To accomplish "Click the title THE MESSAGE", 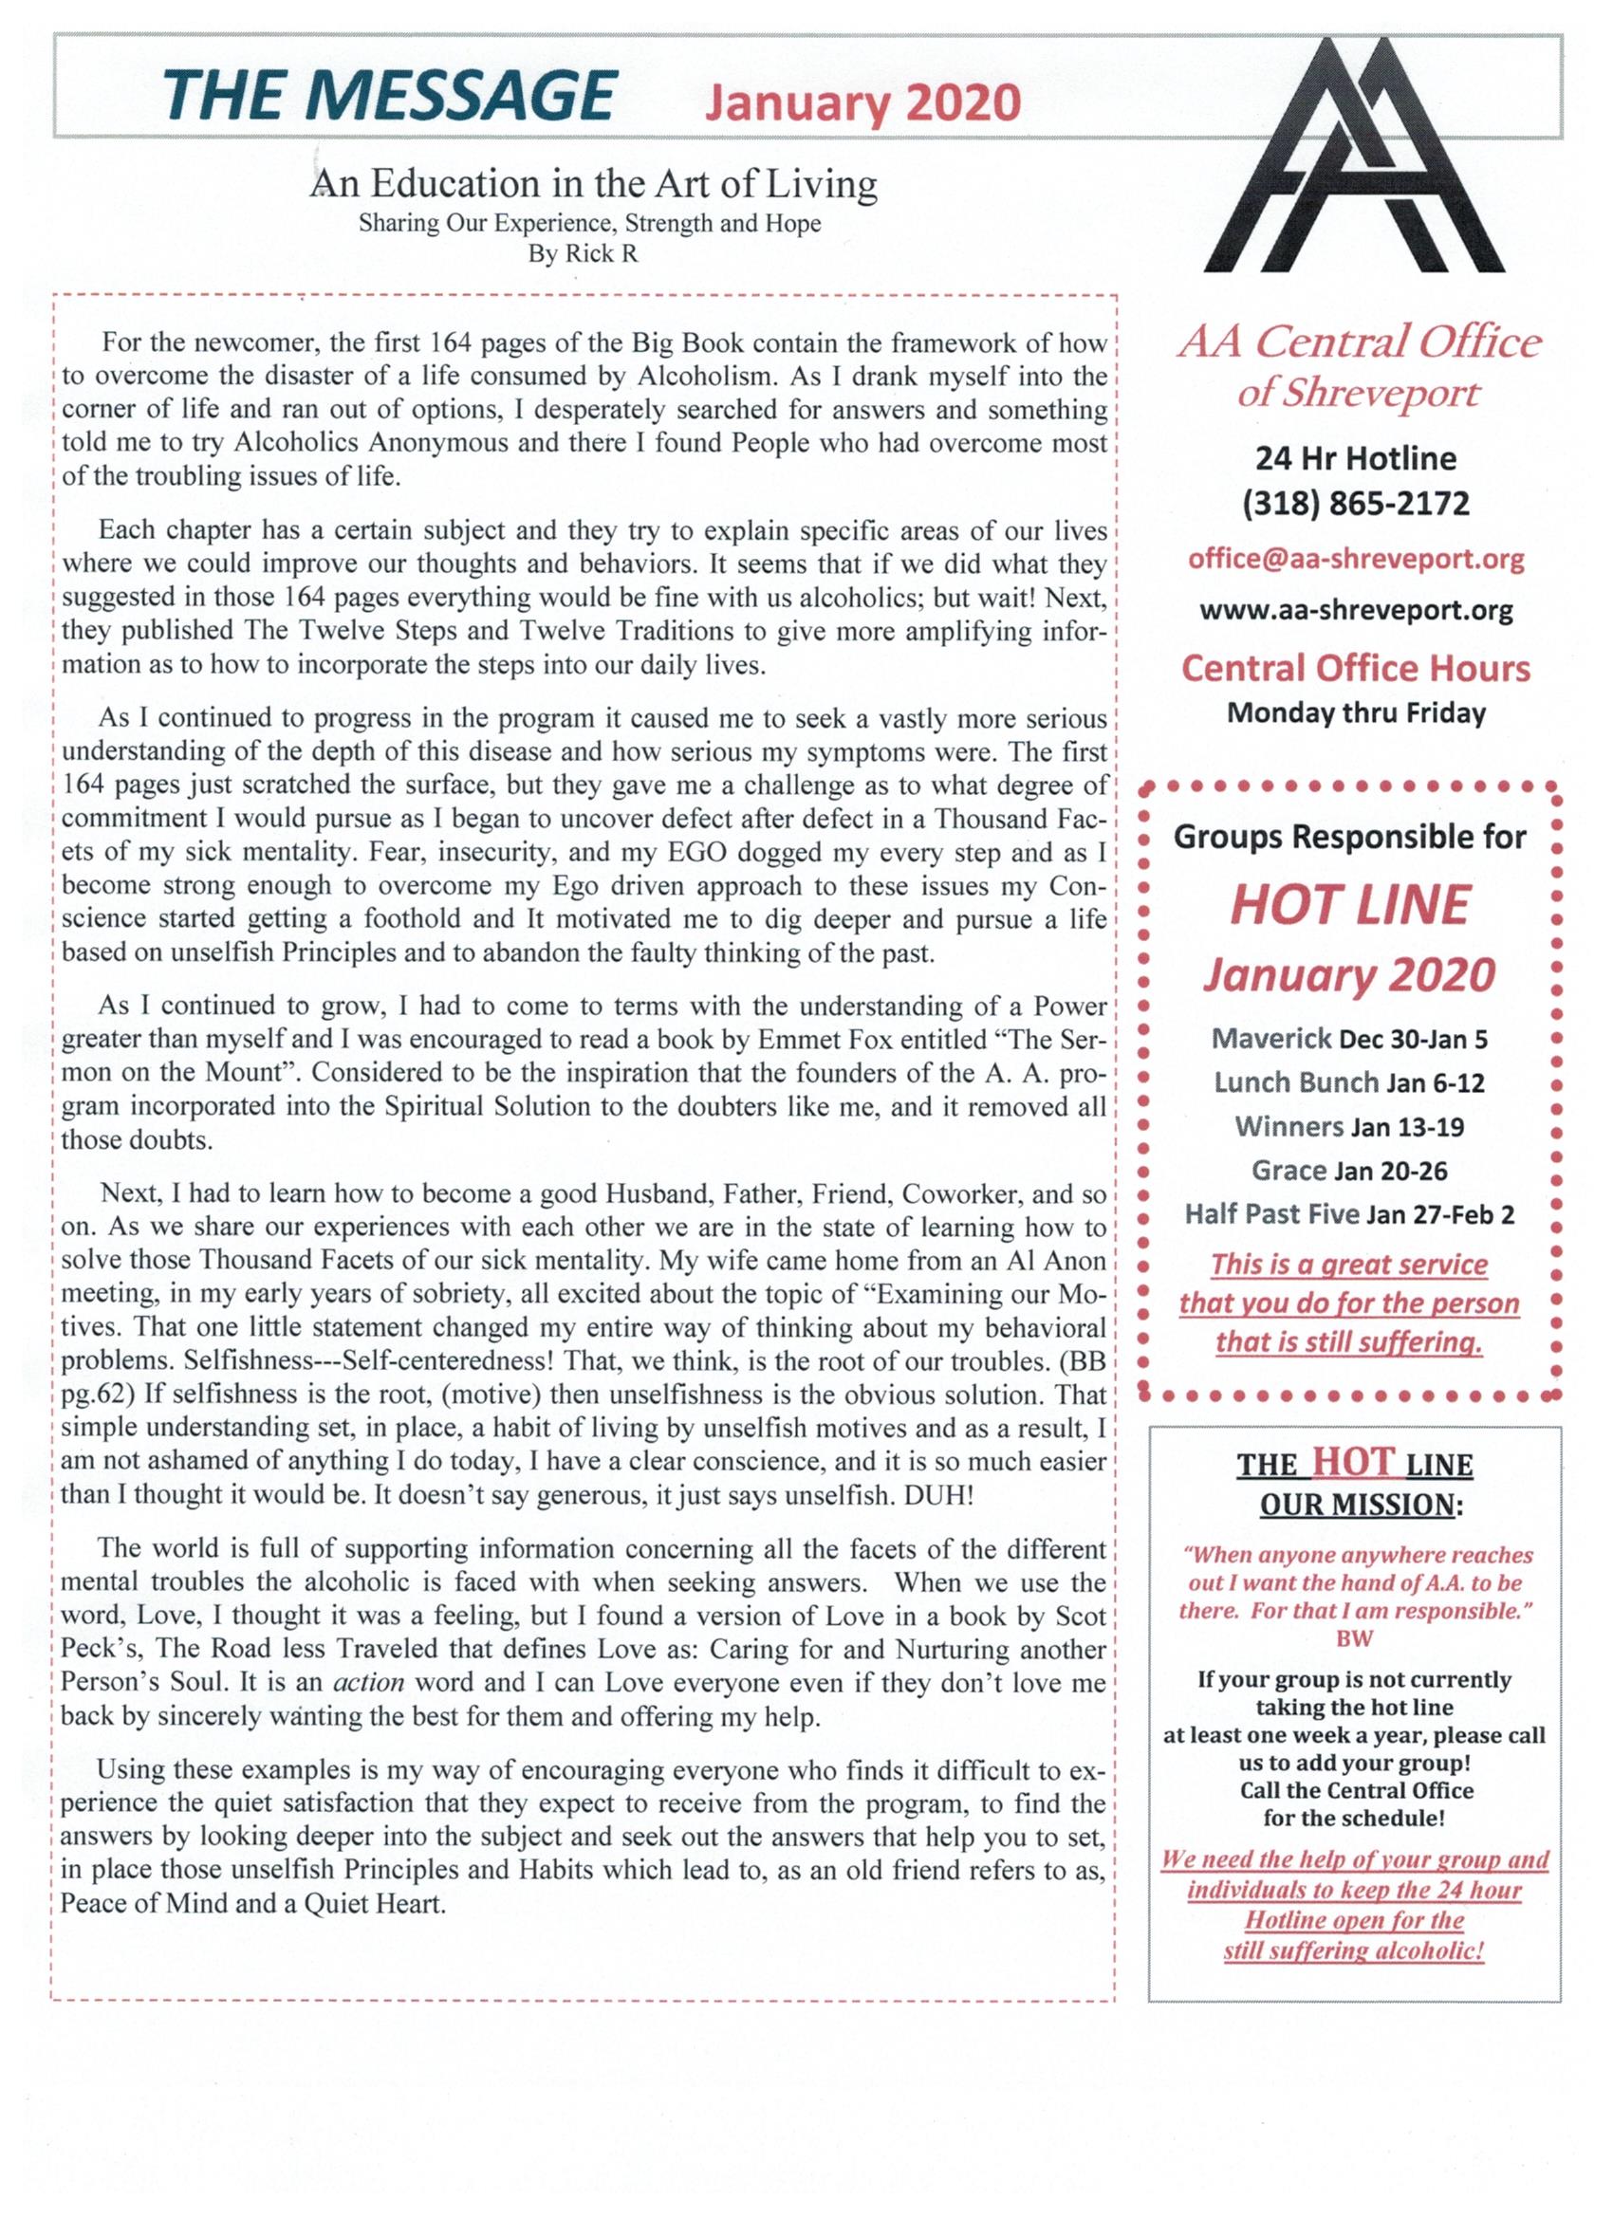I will pos(389,100).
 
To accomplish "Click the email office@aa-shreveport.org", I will pos(1356,560).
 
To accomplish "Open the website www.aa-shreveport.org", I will pos(1356,611).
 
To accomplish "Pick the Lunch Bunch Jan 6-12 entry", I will pos(1350,1082).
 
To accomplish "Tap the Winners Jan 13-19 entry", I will pos(1350,1127).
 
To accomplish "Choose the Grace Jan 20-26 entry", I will pos(1350,1171).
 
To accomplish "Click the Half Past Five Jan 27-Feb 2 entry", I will pos(1350,1214).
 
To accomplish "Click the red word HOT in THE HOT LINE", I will pos(1352,1462).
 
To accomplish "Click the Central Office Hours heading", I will pos(1356,669).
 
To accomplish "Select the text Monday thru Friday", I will pos(1356,713).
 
